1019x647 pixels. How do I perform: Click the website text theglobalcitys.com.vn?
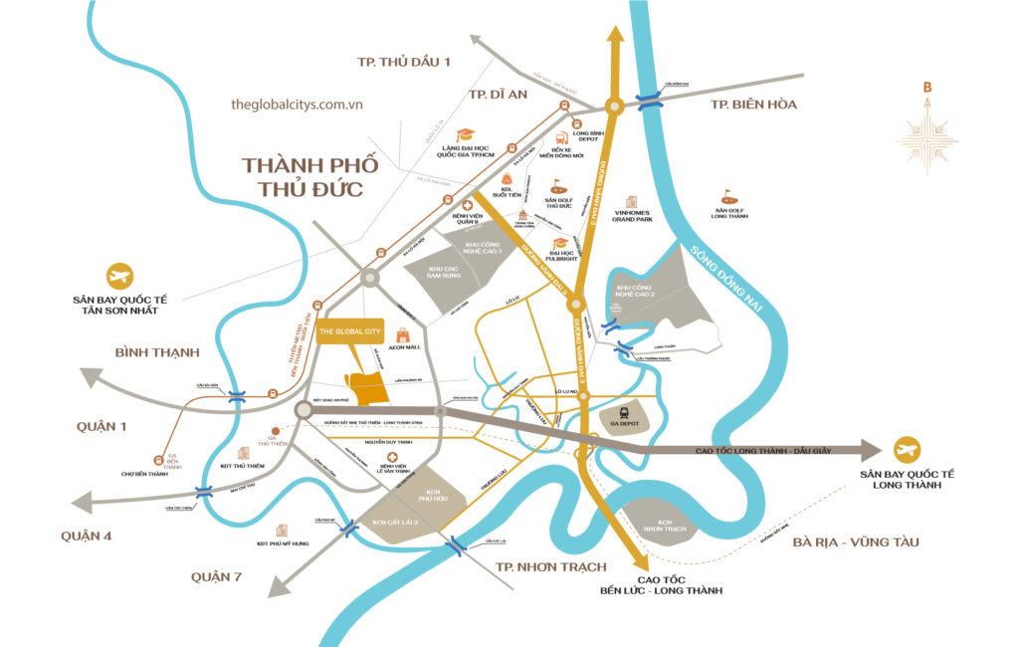coord(296,104)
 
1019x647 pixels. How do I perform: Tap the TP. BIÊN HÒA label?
coord(753,105)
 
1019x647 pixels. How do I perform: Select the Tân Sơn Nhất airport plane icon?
coord(120,276)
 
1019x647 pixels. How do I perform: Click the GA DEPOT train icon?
coord(624,411)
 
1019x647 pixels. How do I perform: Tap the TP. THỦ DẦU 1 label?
coord(404,62)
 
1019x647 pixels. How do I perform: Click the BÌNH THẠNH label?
coord(157,352)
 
